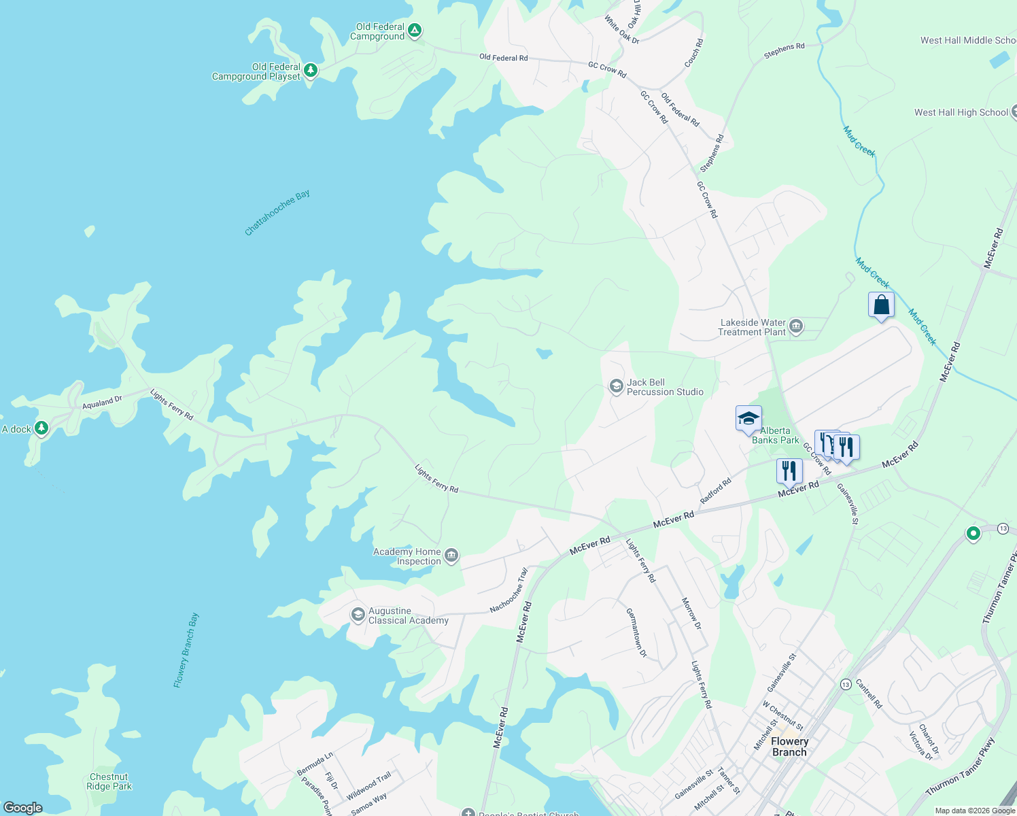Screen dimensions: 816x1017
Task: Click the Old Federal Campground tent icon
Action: [x=415, y=31]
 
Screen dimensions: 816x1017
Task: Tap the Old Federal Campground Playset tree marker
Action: [x=311, y=71]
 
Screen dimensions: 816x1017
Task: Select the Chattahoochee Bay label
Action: [x=277, y=213]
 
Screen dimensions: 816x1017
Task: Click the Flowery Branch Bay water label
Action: [x=186, y=650]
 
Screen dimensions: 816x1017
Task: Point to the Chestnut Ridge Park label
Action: [x=109, y=781]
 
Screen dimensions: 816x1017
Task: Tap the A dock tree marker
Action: [x=41, y=428]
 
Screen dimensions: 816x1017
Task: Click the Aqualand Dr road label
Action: [x=102, y=403]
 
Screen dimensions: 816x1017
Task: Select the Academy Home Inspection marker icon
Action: [x=451, y=556]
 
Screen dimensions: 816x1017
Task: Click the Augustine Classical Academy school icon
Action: [x=358, y=615]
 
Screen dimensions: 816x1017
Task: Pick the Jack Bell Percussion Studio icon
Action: [x=616, y=387]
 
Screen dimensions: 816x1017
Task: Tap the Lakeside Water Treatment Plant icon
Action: [x=797, y=327]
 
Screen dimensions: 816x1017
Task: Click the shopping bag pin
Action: [x=881, y=305]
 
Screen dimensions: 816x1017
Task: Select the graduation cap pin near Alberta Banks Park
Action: [x=748, y=419]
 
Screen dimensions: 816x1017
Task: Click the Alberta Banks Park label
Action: [x=775, y=435]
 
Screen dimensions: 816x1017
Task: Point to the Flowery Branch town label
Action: [x=789, y=747]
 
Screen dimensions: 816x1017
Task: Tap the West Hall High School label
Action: [x=961, y=112]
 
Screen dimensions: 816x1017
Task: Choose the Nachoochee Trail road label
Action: [x=509, y=590]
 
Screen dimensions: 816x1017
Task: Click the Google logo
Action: [x=23, y=807]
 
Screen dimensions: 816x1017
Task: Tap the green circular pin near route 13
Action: [x=973, y=534]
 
